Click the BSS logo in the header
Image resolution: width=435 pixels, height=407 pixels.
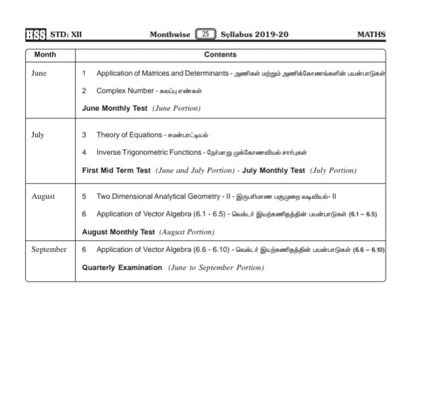click(x=36, y=34)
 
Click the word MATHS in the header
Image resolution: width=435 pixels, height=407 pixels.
click(x=371, y=34)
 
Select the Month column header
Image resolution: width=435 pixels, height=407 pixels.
click(x=45, y=54)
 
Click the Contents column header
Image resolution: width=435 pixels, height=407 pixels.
click(x=220, y=54)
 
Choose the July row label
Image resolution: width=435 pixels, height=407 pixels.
click(x=37, y=134)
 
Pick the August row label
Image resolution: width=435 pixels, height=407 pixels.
click(x=43, y=196)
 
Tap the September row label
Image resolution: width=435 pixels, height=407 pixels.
click(x=49, y=250)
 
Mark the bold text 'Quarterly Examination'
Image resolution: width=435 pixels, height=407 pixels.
click(x=122, y=267)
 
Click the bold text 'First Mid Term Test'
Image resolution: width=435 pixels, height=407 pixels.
click(x=116, y=170)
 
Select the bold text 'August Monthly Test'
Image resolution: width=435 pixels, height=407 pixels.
click(x=118, y=232)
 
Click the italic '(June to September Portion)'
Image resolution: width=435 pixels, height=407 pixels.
click(x=216, y=267)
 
